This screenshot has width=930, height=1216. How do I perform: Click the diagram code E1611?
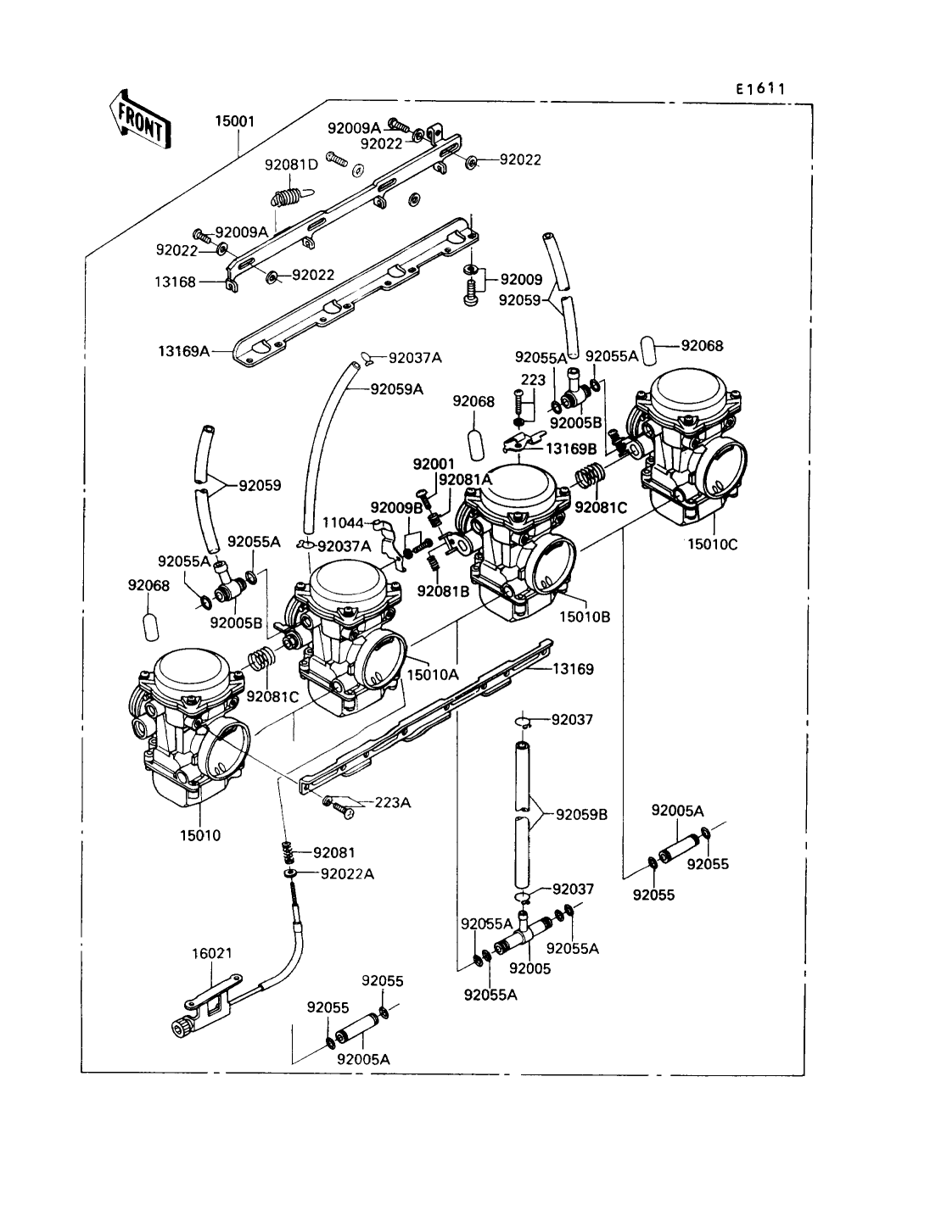[x=759, y=88]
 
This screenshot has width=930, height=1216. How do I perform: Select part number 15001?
[x=234, y=121]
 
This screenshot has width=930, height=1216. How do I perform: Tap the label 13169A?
[x=182, y=349]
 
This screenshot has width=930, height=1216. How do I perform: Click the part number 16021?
[x=211, y=952]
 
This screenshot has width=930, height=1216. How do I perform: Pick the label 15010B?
[x=585, y=617]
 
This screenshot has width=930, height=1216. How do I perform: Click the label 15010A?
[x=433, y=674]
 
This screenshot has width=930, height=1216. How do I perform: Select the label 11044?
[x=342, y=523]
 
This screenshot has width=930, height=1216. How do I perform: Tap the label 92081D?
[x=291, y=165]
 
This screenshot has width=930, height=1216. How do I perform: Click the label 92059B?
[x=582, y=815]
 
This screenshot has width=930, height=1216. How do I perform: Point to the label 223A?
[x=392, y=802]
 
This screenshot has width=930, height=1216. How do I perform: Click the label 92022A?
[x=347, y=873]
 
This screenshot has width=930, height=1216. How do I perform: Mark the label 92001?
[x=434, y=465]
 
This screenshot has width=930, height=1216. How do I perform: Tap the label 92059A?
[x=396, y=389]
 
